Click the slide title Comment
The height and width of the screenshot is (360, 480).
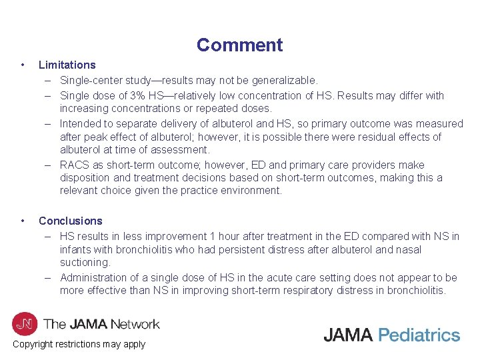point(239,45)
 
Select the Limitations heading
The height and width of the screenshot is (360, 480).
point(67,65)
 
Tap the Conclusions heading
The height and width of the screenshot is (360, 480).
point(70,221)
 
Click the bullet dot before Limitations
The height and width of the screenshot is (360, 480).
point(23,65)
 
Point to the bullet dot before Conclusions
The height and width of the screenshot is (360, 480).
point(23,220)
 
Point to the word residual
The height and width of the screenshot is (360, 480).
point(382,137)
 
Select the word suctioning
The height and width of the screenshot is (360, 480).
point(85,262)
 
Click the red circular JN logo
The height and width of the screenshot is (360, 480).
point(24,324)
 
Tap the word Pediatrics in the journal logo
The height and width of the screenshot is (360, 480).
point(419,335)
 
